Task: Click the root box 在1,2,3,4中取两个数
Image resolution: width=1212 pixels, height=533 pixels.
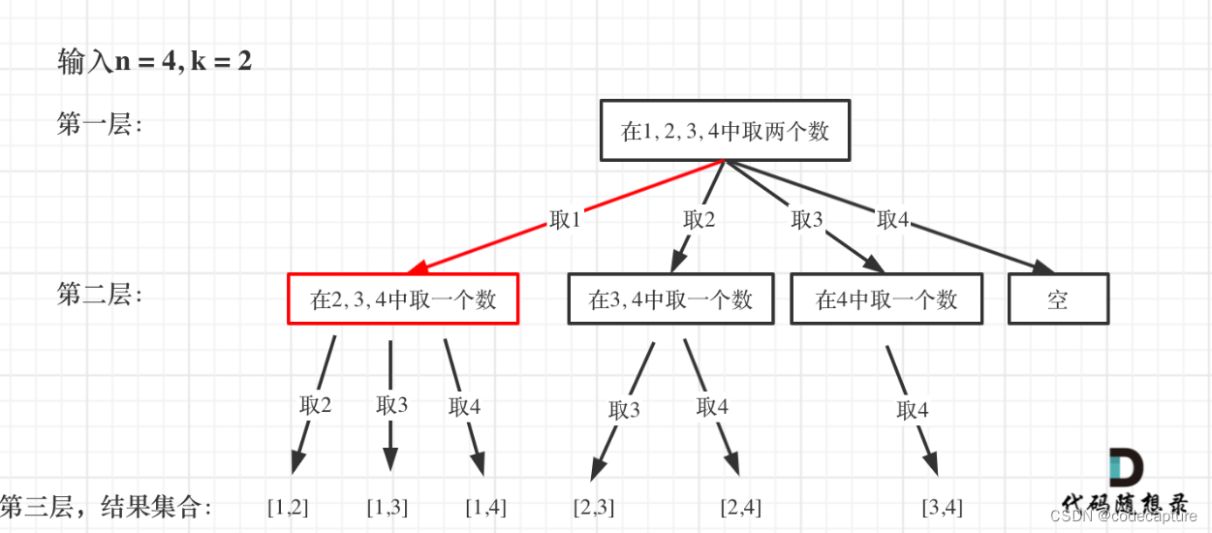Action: point(725,131)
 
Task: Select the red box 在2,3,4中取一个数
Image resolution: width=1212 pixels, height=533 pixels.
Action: point(403,298)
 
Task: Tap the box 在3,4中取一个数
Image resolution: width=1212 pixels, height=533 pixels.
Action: point(670,298)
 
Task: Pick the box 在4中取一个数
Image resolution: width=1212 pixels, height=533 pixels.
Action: point(886,298)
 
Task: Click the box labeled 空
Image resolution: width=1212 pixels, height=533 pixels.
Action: point(1058,298)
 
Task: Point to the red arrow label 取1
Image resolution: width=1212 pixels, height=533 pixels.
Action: point(565,220)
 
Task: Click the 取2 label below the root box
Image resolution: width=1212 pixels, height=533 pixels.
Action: point(699,220)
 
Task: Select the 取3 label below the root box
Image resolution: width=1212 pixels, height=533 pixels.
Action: point(807,220)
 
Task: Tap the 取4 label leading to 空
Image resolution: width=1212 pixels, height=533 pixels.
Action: point(892,220)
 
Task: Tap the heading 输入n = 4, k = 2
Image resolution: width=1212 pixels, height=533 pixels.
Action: point(155,63)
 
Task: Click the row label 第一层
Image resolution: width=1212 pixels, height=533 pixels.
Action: point(99,125)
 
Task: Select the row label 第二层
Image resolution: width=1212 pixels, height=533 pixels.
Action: point(99,295)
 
